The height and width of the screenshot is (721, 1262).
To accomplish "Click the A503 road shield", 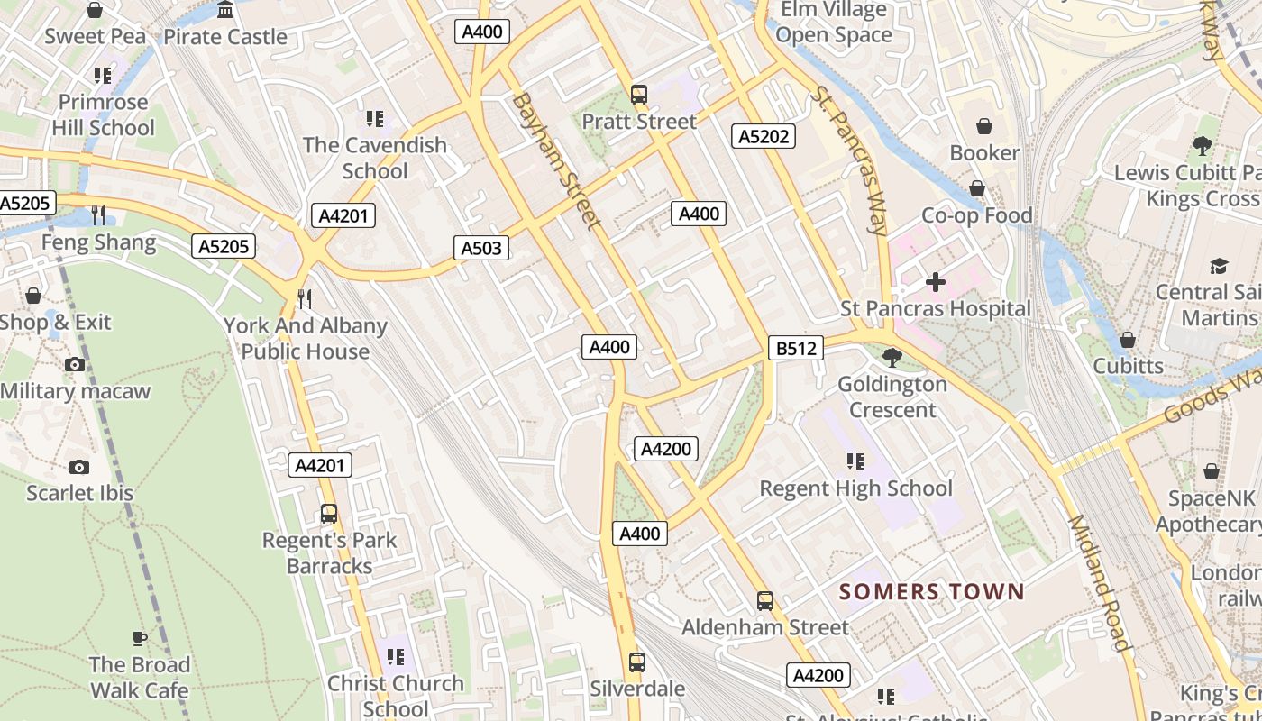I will [x=481, y=248].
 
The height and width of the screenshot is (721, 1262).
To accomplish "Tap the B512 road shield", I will [x=796, y=348].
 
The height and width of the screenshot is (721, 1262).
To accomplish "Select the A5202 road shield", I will [x=763, y=136].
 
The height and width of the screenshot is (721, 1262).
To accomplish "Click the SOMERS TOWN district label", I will [x=932, y=592].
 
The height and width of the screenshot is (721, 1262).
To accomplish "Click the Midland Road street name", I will [x=1098, y=583].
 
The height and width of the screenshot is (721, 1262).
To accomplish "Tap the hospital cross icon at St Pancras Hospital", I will [x=936, y=282].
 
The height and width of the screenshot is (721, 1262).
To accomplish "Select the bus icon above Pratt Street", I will [x=639, y=94].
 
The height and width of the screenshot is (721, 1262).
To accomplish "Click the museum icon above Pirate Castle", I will [x=225, y=10].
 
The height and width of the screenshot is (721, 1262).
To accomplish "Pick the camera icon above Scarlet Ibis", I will [x=79, y=467].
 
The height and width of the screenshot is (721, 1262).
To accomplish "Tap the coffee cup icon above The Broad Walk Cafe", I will [x=140, y=638].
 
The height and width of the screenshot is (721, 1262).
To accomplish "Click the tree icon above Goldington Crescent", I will [x=892, y=358].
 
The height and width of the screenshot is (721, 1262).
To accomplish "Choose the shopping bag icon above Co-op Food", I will [x=977, y=188].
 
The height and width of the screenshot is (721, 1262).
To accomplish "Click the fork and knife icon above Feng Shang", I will [x=98, y=215].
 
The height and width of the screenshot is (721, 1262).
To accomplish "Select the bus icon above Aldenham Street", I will [x=765, y=600].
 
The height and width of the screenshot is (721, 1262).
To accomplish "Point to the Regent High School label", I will [x=855, y=488].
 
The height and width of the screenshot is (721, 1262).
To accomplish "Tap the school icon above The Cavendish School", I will [x=375, y=118].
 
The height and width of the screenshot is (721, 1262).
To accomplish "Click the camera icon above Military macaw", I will [x=75, y=364].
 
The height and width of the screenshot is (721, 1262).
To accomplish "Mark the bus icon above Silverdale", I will [x=637, y=662].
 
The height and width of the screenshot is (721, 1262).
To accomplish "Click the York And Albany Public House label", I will [x=305, y=338].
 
